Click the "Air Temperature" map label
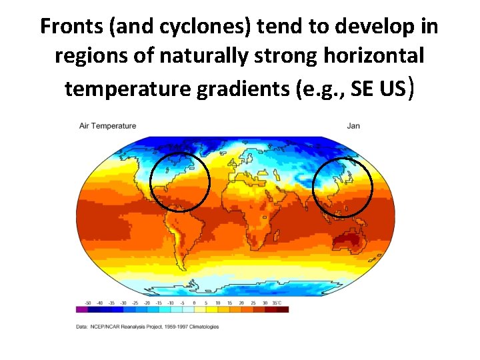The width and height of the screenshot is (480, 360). tap(107, 126)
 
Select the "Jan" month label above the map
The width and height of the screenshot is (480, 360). tap(353, 126)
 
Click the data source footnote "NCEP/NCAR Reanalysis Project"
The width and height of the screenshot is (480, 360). tap(131, 327)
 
